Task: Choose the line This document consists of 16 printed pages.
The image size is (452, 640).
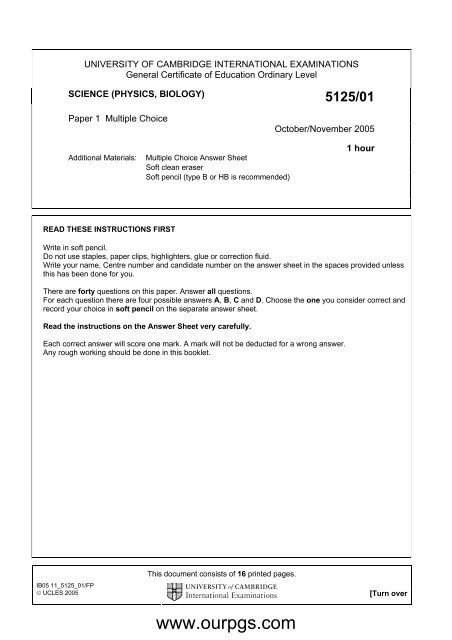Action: pos(224,572)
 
